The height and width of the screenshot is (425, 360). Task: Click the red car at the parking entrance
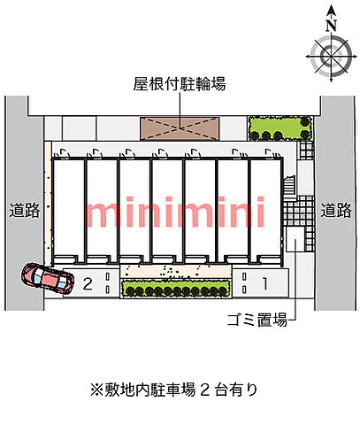[47, 279]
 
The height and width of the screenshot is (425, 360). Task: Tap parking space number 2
[88, 284]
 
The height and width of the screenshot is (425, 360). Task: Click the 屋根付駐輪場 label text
[180, 83]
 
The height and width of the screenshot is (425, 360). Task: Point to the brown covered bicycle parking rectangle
[180, 128]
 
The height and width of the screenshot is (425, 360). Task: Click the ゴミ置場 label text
[257, 320]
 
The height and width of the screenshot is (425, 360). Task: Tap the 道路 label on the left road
[25, 210]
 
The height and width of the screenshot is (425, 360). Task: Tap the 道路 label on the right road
[336, 210]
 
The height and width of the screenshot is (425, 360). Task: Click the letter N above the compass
[332, 26]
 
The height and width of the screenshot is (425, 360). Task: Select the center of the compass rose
[332, 56]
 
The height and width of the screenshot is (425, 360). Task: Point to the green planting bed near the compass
[280, 128]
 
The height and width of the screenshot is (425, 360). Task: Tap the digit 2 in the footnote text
[204, 390]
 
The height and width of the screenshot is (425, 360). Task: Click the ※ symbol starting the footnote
[96, 390]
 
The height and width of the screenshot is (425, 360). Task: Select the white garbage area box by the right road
[295, 239]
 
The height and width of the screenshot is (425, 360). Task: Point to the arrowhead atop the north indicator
[332, 11]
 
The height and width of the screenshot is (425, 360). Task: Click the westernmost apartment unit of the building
[69, 211]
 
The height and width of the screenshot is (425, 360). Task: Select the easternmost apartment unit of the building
[266, 211]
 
